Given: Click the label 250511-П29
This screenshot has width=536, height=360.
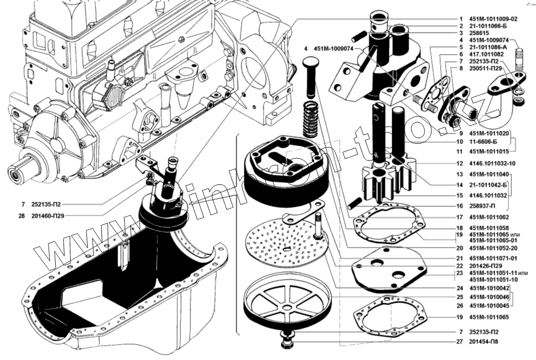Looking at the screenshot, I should [x=487, y=69].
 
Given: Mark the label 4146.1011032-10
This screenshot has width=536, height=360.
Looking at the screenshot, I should [x=494, y=164].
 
